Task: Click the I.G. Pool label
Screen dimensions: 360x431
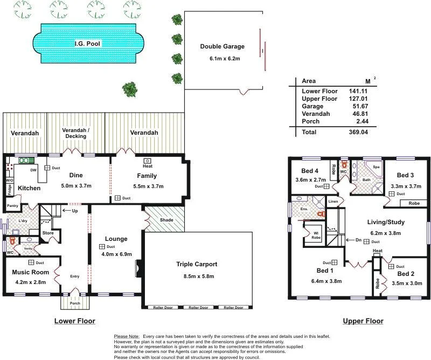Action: click(x=87, y=43)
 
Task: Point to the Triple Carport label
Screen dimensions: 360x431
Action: click(x=197, y=264)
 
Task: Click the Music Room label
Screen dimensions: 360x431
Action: click(x=30, y=272)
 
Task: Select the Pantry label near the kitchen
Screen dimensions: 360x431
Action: click(x=12, y=206)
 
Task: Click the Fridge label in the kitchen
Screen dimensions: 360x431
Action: click(x=10, y=190)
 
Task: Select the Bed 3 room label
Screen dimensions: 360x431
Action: click(x=405, y=175)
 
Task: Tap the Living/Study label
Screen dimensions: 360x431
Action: click(x=386, y=222)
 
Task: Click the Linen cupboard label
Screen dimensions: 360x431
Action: click(x=333, y=202)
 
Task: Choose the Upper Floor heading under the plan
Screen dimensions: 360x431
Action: click(x=363, y=321)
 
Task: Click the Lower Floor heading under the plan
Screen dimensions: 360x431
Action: click(x=74, y=321)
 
